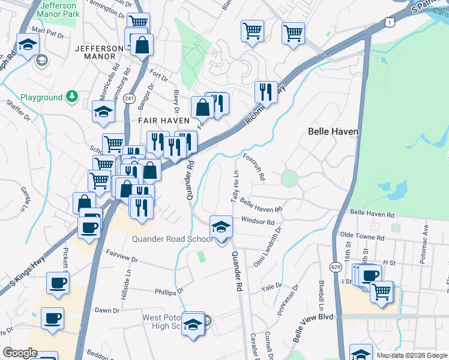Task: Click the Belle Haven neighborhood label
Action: [x=333, y=131]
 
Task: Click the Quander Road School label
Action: [x=172, y=239]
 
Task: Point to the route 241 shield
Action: [x=128, y=97]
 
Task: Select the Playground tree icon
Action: [x=71, y=97]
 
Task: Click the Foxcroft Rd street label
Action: [x=255, y=167]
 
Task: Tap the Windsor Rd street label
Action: [x=258, y=221]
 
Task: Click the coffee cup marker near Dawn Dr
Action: [x=52, y=317]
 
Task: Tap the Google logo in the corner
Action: [x=20, y=353]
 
